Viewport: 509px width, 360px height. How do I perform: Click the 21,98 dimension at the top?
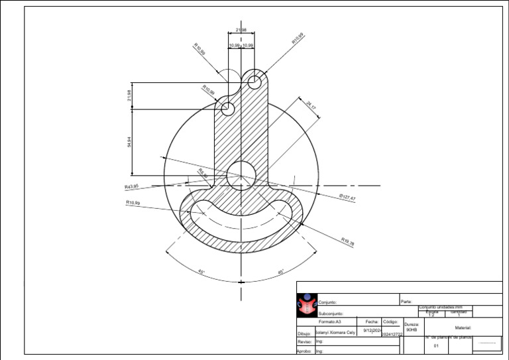point(241,30)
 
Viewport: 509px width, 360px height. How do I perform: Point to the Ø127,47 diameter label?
point(347,198)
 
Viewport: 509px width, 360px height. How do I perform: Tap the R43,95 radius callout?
point(132,187)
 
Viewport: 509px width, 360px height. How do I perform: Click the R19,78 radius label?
point(347,242)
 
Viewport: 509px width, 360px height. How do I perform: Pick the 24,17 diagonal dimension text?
point(311,105)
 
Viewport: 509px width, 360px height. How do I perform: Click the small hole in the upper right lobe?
point(254,82)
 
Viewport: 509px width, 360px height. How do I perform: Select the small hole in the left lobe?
point(227,109)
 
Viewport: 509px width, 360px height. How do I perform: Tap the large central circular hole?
point(241,175)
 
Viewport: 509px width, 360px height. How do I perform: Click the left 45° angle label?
point(201,272)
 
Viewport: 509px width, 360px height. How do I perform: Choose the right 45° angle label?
point(281,272)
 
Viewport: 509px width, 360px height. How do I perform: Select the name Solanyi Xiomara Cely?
point(336,332)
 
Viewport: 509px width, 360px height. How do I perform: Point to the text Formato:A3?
point(329,321)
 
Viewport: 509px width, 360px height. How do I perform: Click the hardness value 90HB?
point(412,330)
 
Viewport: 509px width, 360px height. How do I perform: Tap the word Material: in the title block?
point(463,328)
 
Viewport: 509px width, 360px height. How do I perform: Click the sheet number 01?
point(436,345)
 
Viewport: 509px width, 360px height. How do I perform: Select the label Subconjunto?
point(331,313)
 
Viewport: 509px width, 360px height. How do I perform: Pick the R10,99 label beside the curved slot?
point(133,202)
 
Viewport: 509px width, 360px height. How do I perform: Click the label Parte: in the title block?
point(407,302)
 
